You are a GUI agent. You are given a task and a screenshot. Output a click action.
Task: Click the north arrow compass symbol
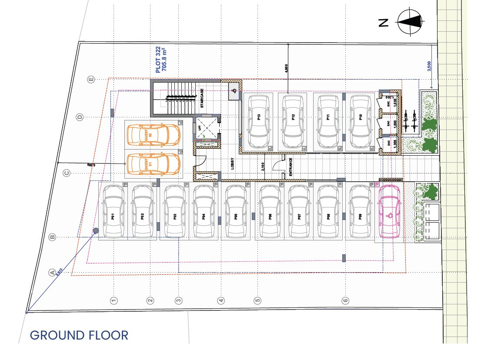click(410, 21)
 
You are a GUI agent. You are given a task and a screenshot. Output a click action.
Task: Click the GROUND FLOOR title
click(79, 335)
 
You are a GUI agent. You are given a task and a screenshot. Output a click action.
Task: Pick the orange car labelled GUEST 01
click(153, 164)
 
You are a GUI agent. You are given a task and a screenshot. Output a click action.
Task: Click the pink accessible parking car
click(389, 211)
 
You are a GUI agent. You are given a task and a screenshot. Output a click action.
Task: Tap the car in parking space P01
click(113, 211)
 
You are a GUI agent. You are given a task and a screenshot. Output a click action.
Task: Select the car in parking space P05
click(235, 211)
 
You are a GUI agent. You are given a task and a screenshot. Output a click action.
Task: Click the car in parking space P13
click(259, 121)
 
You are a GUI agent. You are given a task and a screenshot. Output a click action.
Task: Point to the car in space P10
click(361, 121)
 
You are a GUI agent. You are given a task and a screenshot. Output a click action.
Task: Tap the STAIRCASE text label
click(202, 99)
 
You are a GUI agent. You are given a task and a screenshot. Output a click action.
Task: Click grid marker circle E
click(91, 79)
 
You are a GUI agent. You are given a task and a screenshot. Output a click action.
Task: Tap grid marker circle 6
click(346, 300)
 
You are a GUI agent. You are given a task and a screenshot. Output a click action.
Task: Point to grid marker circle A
click(53, 273)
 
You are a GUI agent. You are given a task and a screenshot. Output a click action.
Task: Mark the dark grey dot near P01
click(96, 230)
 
